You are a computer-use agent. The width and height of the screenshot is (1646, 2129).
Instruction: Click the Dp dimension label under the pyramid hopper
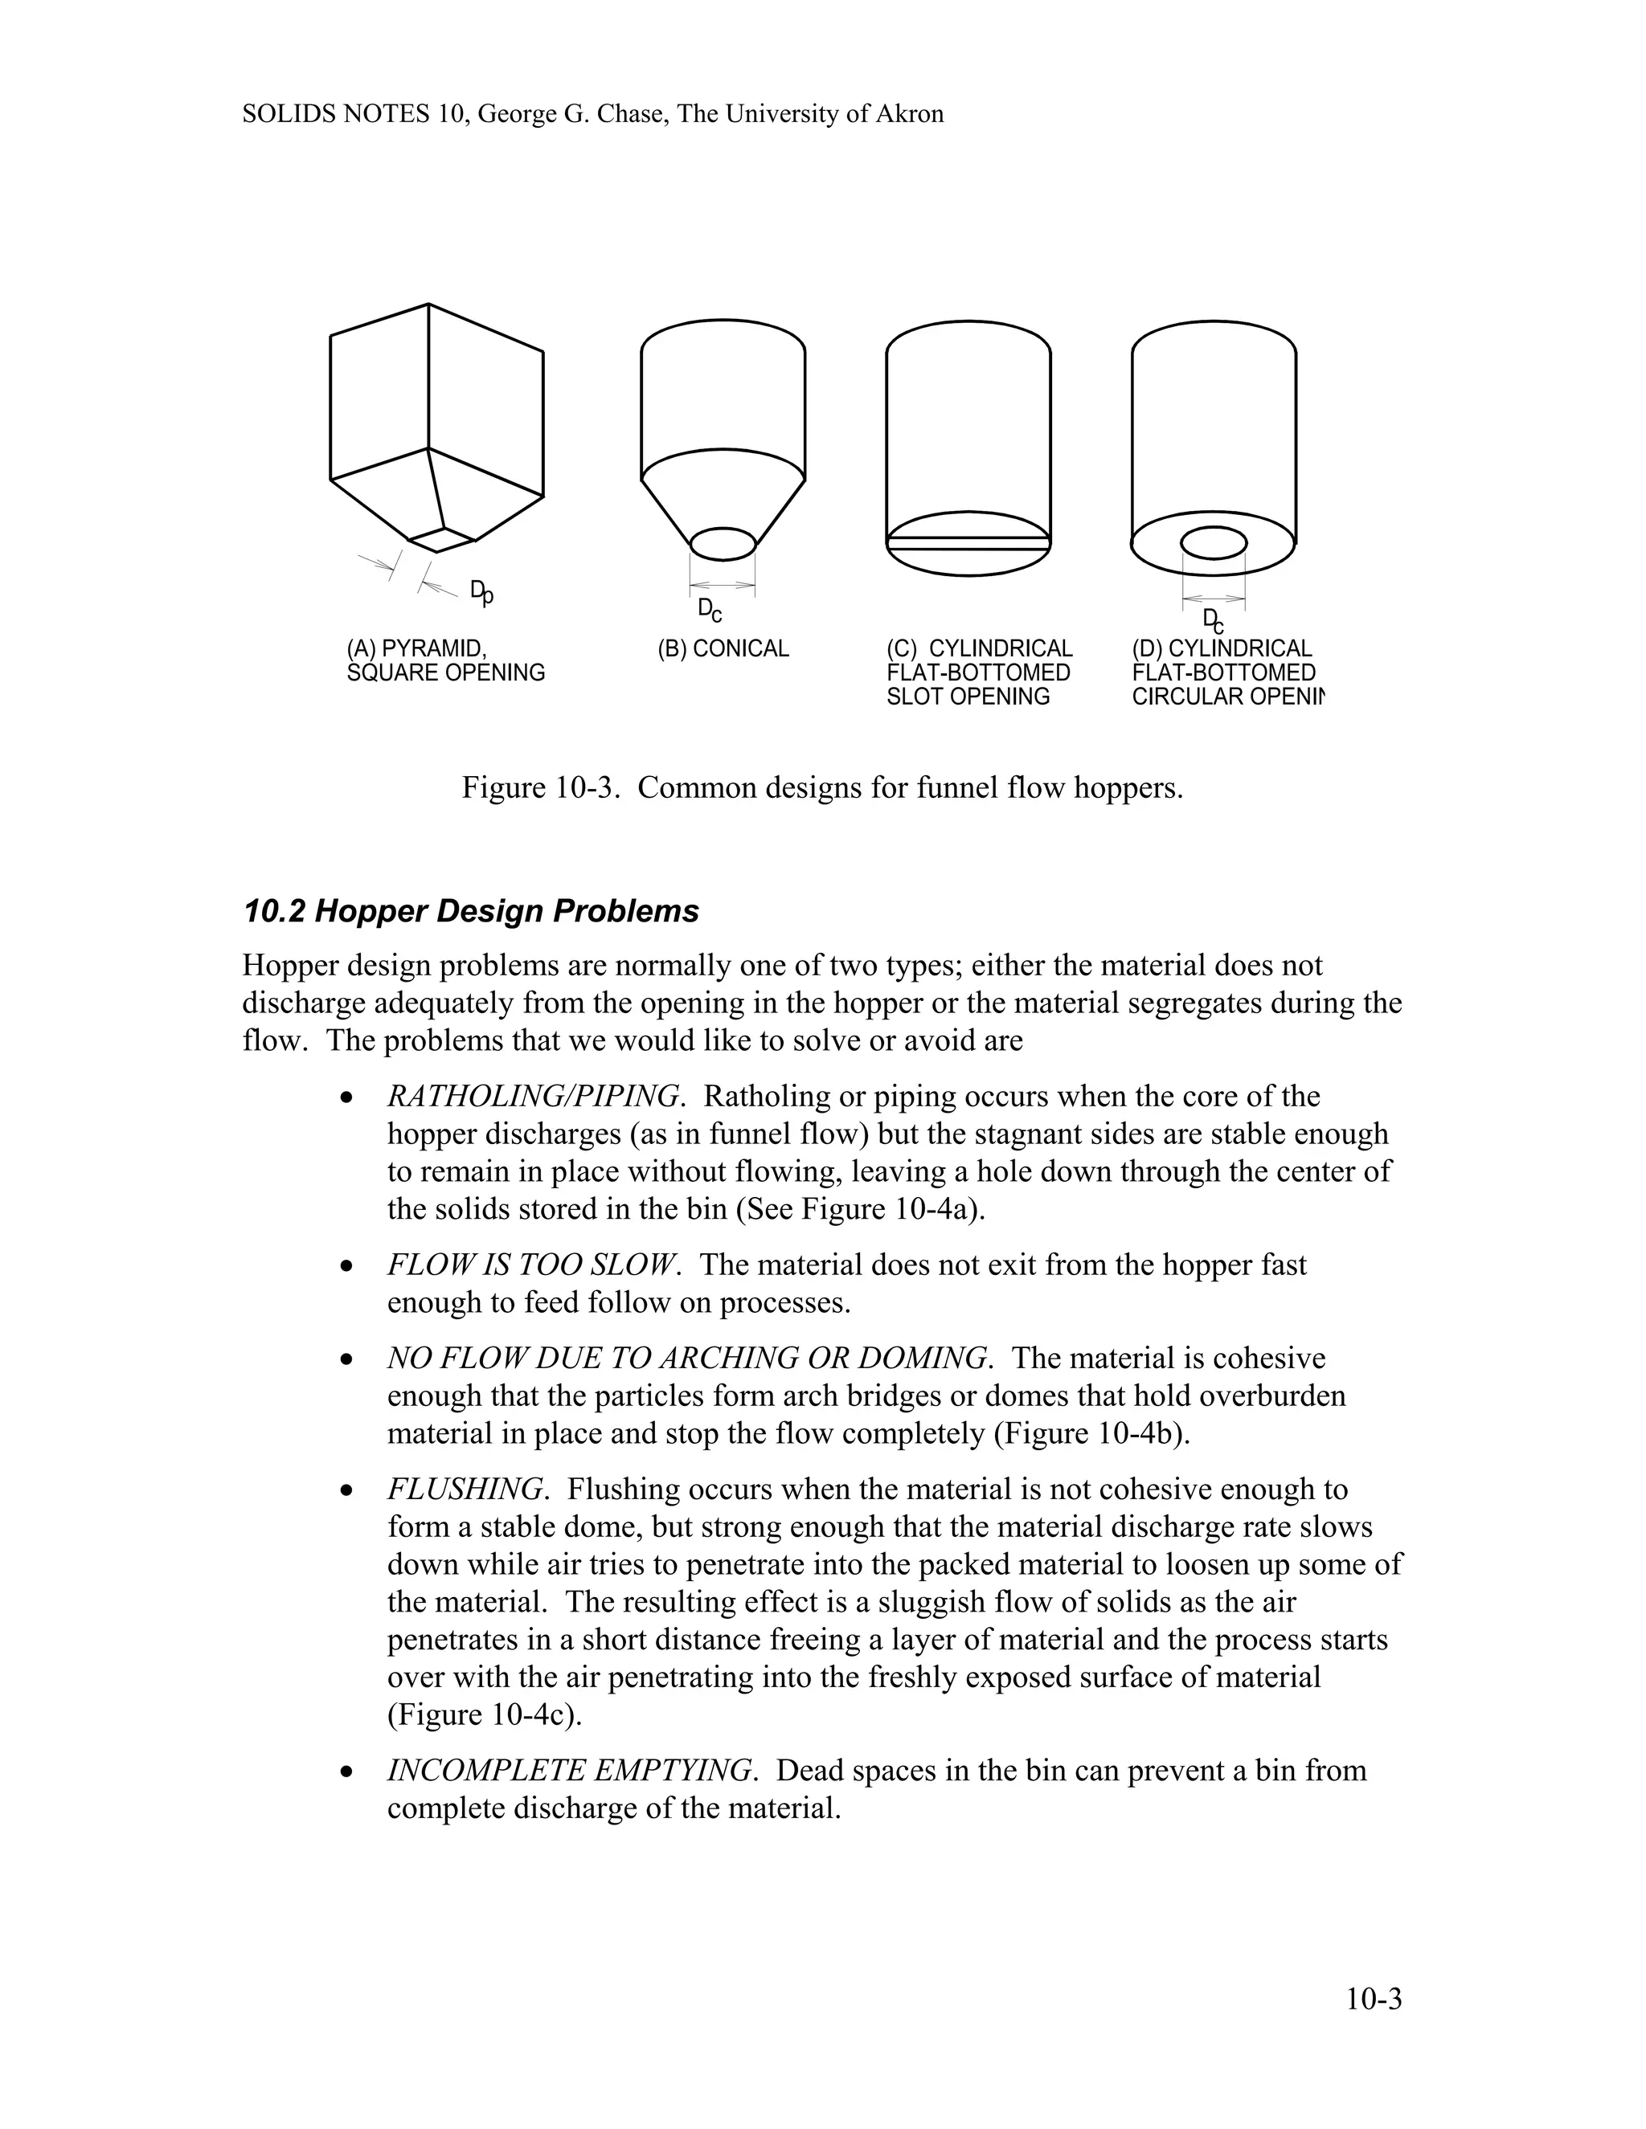point(481,592)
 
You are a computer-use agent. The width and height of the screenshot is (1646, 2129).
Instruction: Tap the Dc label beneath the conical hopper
point(710,611)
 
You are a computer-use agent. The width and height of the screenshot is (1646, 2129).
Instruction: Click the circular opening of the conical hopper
point(723,544)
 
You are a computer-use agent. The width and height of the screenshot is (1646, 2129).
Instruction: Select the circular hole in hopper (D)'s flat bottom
point(1213,543)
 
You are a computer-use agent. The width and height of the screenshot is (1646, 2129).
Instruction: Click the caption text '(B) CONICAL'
point(723,649)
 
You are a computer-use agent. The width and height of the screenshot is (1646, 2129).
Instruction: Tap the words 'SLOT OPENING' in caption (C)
point(968,697)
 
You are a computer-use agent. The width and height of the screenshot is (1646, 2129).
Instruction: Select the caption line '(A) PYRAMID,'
point(416,649)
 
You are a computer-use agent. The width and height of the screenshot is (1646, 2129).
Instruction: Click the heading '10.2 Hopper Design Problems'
point(471,912)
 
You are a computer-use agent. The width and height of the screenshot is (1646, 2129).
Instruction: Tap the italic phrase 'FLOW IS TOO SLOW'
point(531,1265)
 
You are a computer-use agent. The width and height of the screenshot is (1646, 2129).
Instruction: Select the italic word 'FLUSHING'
point(465,1489)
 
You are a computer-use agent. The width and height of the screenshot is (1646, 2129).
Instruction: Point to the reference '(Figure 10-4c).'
point(485,1714)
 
